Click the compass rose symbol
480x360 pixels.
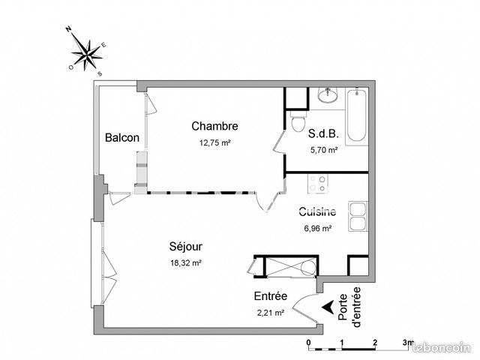pyautogui.click(x=88, y=51)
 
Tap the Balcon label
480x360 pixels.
pyautogui.click(x=121, y=138)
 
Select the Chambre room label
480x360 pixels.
pyautogui.click(x=214, y=126)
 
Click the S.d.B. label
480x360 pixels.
pyautogui.click(x=323, y=135)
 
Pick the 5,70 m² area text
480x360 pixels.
pyautogui.click(x=323, y=149)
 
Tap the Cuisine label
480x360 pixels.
pyautogui.click(x=316, y=212)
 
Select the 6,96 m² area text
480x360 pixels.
pyautogui.click(x=316, y=229)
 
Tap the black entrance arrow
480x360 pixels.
pyautogui.click(x=328, y=306)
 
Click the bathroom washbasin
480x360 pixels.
pyautogui.click(x=327, y=96)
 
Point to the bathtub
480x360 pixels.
pyautogui.click(x=356, y=116)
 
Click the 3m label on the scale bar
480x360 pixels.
pyautogui.click(x=407, y=341)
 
